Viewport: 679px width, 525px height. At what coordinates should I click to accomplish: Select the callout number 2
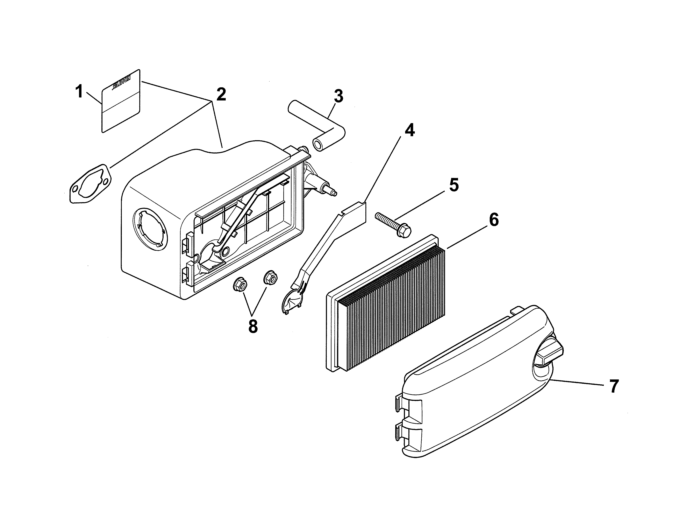tap(221, 94)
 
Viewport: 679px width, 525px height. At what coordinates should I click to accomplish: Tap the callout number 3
tap(338, 96)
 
